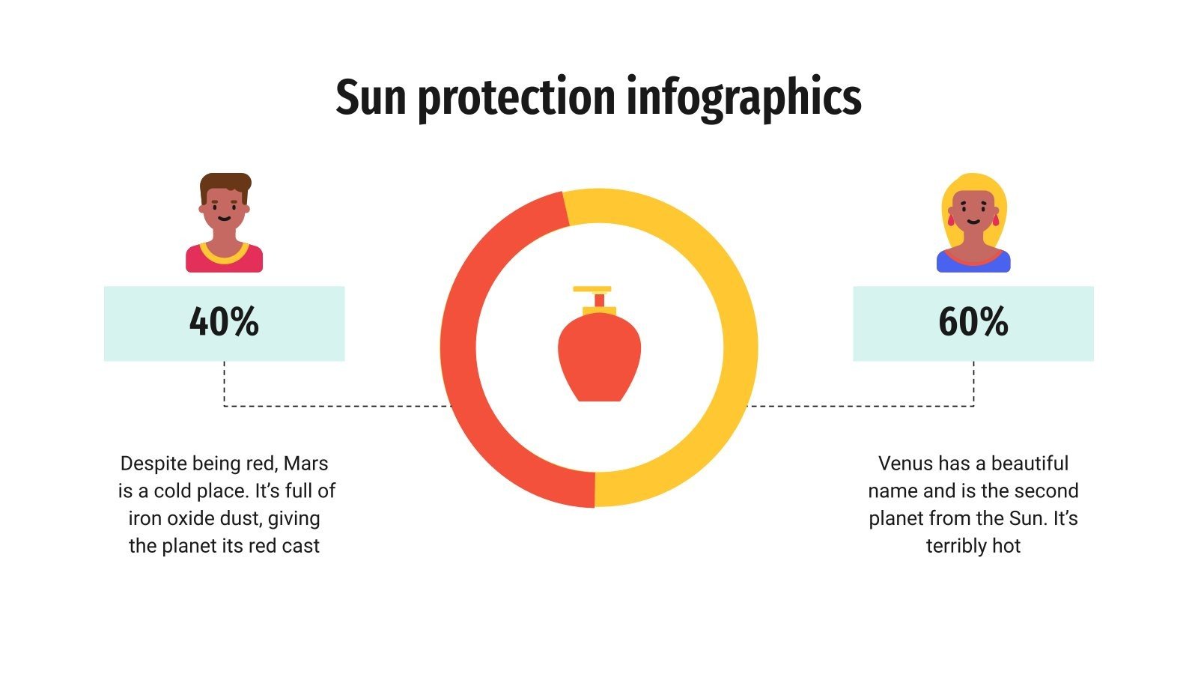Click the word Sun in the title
click(371, 97)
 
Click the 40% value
click(224, 322)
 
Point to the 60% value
click(973, 322)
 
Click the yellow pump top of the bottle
click(592, 289)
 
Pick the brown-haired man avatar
click(224, 222)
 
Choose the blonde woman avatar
click(973, 222)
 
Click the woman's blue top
click(973, 263)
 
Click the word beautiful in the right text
click(1030, 464)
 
